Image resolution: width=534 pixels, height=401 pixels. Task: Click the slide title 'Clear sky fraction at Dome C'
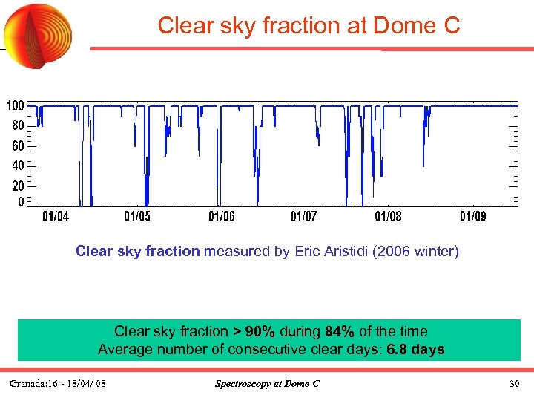(309, 26)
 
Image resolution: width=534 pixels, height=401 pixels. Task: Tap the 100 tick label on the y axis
(16, 106)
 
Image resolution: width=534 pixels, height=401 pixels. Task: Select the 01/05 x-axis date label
(137, 217)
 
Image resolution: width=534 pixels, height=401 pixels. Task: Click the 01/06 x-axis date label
(221, 217)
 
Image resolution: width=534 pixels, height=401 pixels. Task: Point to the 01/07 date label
(303, 217)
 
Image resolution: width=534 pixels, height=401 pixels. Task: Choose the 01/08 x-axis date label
(388, 217)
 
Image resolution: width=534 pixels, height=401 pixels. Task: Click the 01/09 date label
(472, 217)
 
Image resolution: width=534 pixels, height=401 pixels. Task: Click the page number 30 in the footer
(515, 383)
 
